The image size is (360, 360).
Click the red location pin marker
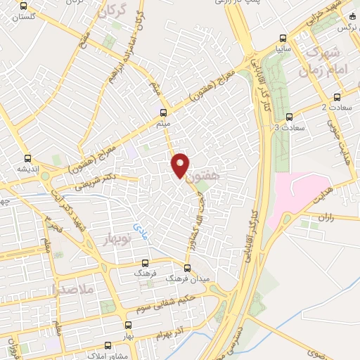(181, 165)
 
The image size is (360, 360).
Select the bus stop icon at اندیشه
(27, 158)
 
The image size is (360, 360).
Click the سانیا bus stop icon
(282, 39)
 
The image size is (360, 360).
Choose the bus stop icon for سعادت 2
(337, 97)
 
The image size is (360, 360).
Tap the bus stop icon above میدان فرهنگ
(186, 267)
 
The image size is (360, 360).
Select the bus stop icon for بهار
(127, 325)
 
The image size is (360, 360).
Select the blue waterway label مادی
(137, 229)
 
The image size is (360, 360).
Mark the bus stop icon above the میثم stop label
(163, 112)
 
